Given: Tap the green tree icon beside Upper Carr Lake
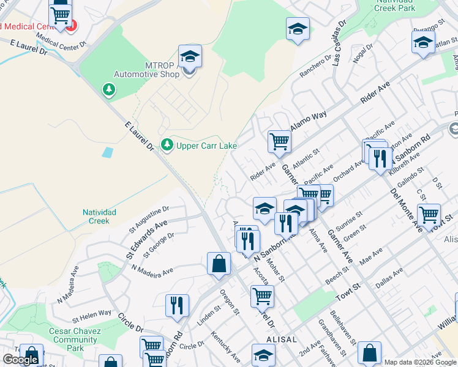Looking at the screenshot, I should pos(167,145).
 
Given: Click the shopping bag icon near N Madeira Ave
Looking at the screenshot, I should pos(219,264).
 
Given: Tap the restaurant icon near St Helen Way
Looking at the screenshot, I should pos(177,305).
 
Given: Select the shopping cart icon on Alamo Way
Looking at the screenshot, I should pos(279,141).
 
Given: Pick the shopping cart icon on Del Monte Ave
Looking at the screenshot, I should pos(429,215).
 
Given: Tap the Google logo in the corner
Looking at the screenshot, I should pos(20,360).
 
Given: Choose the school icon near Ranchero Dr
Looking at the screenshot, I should pos(298,28).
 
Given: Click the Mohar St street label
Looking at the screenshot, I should pos(277,270).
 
